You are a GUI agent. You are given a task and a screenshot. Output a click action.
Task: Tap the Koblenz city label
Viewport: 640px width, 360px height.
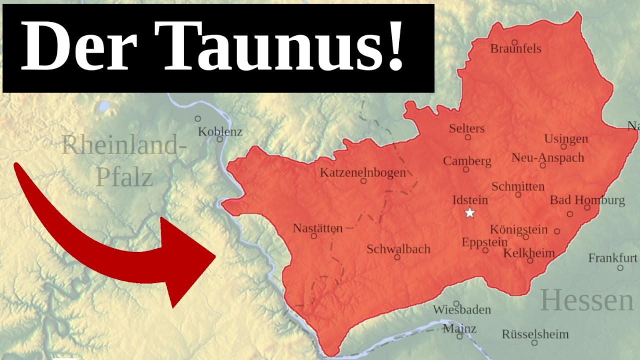coord(220,132)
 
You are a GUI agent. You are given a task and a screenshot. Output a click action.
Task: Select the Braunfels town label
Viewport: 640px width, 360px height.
coord(515,49)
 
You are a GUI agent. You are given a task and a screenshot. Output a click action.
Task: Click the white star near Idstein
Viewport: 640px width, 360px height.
coord(469,213)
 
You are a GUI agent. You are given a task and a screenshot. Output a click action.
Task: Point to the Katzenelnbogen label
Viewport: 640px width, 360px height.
coord(362,173)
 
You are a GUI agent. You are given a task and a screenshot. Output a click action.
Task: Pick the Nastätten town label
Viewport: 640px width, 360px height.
coord(317,228)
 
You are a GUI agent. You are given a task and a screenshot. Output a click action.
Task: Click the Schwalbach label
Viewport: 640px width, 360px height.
coord(398,249)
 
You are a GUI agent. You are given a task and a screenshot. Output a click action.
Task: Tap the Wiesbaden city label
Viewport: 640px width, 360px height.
coord(461,310)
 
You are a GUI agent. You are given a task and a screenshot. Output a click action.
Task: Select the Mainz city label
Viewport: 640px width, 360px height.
coord(459,329)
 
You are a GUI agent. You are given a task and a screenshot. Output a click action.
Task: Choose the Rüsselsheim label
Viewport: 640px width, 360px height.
coord(535,334)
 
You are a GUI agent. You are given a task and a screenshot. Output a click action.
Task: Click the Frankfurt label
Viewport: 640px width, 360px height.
coord(612,258)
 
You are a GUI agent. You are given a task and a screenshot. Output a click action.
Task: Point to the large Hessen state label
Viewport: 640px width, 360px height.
coord(586,300)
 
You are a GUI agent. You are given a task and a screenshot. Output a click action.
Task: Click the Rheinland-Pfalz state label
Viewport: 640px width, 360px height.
coord(124,161)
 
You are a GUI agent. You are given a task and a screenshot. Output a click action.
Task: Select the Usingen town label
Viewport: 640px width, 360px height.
coord(566,138)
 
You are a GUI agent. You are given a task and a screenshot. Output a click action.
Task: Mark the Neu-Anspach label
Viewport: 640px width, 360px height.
coord(547,158)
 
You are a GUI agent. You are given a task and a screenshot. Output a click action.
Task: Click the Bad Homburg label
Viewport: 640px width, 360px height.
coord(587,200)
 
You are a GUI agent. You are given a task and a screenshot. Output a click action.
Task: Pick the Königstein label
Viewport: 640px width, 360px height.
coord(518,229)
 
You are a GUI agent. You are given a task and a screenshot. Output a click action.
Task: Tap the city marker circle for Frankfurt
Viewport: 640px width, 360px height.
coord(620,267)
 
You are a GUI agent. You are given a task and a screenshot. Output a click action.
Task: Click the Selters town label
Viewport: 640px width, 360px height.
coord(466,128)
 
